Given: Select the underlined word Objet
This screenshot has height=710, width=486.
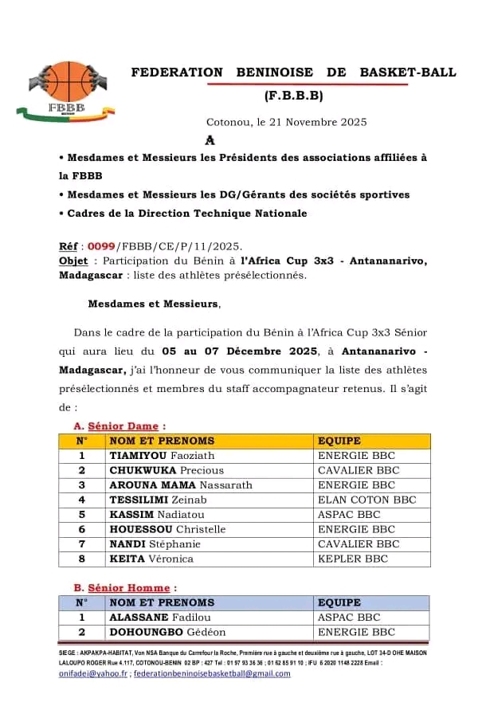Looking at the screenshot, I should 73,261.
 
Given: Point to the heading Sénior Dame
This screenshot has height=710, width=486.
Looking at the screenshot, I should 122,426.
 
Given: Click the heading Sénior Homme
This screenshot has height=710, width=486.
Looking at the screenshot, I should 127,588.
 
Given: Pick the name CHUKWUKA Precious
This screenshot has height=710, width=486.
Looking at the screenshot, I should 166,470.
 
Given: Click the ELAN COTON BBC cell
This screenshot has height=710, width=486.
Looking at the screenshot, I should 366,500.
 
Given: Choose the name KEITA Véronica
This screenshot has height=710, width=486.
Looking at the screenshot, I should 151,559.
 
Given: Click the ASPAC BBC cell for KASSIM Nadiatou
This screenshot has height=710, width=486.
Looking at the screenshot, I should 349,515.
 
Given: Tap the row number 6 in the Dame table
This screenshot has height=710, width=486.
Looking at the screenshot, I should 81,529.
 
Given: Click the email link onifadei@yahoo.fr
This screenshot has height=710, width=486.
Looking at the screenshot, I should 93,673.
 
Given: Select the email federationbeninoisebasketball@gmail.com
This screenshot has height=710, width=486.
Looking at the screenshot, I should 212,673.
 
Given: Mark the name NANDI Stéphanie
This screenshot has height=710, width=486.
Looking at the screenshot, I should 155,544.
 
